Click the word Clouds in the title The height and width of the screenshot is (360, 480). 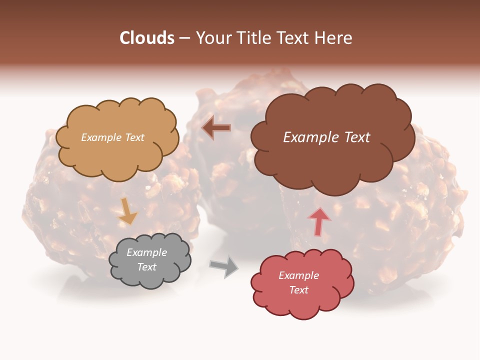[x=146, y=38]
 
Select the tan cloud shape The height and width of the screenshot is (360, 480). [x=117, y=155]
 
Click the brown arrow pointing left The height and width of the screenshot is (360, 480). [x=216, y=128]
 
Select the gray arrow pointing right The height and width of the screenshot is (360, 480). [x=224, y=266]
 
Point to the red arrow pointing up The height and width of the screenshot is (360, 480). [x=318, y=221]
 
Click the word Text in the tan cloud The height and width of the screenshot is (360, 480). [x=134, y=137]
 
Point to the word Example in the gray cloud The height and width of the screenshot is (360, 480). [x=146, y=252]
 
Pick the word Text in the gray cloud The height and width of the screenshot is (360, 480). [x=146, y=267]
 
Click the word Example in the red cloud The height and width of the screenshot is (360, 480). [x=298, y=275]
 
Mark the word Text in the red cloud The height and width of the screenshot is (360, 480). [x=298, y=290]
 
